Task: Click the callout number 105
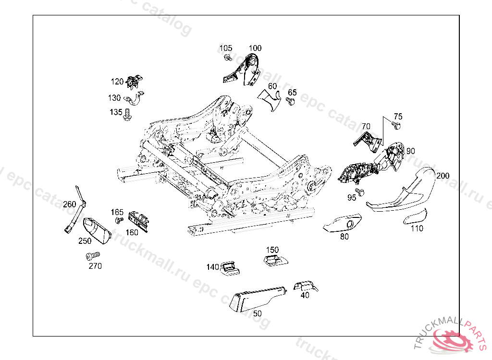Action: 226,48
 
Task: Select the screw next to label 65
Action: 290,101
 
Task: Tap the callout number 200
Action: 443,176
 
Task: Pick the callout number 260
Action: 70,204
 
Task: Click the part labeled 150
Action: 276,260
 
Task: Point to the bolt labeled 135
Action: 127,115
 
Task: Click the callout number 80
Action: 344,237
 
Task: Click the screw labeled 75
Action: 396,126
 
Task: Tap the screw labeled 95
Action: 361,192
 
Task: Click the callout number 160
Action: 132,233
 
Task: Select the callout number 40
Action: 305,295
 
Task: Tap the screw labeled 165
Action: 118,220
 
